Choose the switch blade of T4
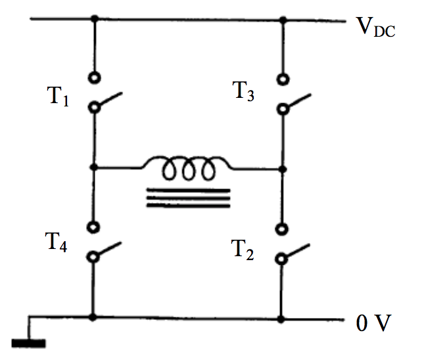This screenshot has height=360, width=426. [x=109, y=251]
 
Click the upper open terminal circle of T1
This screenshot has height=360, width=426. [x=94, y=76]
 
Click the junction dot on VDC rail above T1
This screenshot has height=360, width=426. [x=94, y=19]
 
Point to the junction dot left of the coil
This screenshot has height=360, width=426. [x=94, y=168]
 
